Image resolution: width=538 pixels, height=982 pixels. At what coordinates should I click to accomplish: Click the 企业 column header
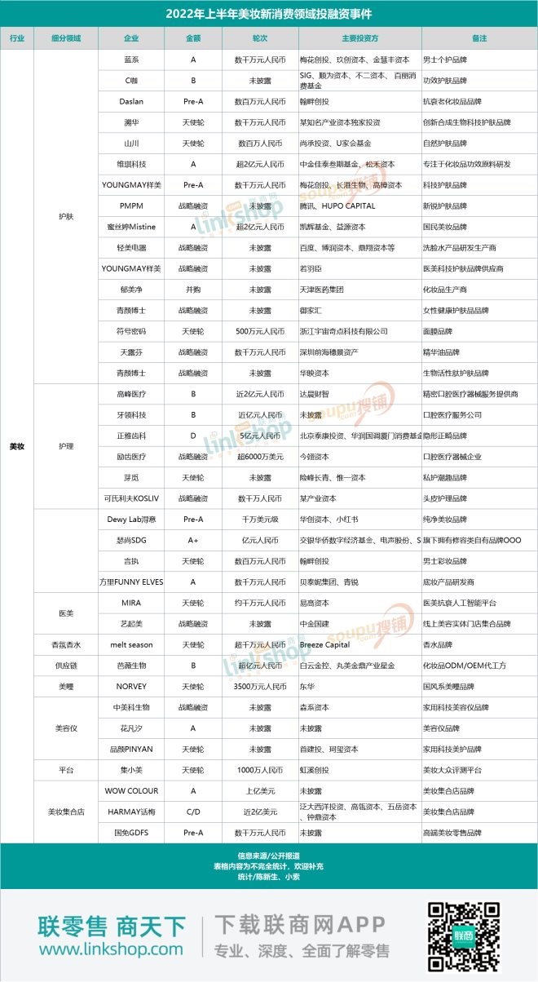coord(130,38)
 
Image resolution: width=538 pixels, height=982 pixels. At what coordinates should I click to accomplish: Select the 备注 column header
coord(478,38)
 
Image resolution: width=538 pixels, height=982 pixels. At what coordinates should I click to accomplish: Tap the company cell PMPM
coord(130,206)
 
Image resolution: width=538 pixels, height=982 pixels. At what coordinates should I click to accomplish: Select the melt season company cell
coord(130,644)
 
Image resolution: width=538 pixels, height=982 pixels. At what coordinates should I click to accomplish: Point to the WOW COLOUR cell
coord(130,790)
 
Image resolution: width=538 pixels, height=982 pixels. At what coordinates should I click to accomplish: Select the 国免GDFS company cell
coord(130,833)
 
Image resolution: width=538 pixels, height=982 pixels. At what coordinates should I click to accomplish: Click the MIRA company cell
coord(130,603)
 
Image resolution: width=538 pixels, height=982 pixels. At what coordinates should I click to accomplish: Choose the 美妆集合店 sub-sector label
coord(65,812)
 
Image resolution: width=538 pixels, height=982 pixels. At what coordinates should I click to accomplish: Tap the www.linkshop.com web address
coord(111,949)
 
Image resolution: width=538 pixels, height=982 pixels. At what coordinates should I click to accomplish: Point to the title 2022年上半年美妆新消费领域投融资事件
coord(269,14)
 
